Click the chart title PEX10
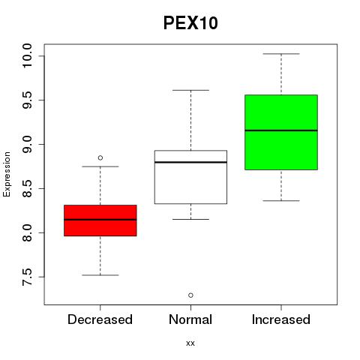[x=190, y=23]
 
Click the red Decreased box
[x=100, y=220]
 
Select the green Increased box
[x=281, y=132]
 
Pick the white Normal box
[x=190, y=177]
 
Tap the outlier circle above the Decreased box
[x=100, y=157]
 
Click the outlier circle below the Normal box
[x=190, y=295]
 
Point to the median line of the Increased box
[x=281, y=130]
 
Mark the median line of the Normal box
[x=190, y=162]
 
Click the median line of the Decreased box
[x=100, y=220]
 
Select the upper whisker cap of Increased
[x=281, y=54]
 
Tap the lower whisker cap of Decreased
[x=100, y=275]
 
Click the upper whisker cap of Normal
[x=190, y=90]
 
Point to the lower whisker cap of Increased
[x=281, y=200]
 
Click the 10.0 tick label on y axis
[x=27, y=55]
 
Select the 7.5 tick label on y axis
[x=27, y=277]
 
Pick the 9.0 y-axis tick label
[x=27, y=144]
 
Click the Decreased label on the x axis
[x=100, y=319]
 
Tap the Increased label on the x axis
[x=281, y=319]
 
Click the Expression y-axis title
[x=7, y=174]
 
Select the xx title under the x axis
[x=190, y=343]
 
